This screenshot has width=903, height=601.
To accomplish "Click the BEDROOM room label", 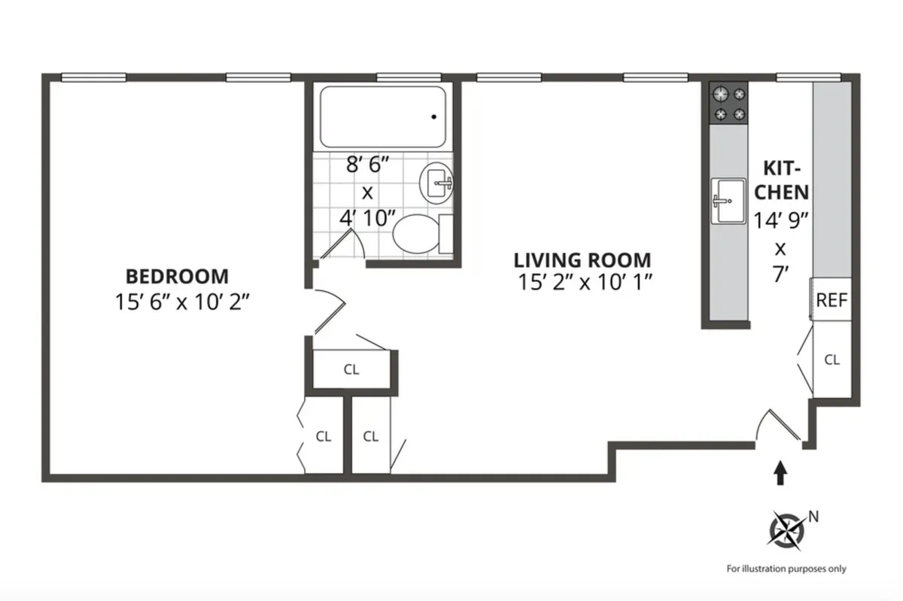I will click(178, 276).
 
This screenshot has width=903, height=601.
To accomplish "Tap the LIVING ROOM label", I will click(582, 260).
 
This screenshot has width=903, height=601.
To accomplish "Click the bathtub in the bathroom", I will click(382, 117).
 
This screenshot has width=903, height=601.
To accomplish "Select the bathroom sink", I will click(439, 181).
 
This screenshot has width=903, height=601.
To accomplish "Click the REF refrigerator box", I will click(832, 300).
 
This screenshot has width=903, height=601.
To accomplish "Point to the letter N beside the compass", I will click(813, 516).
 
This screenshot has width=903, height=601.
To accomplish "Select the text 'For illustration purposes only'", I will click(786, 569).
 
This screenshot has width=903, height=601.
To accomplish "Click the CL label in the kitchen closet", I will click(832, 360).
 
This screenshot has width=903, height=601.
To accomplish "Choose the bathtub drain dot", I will click(434, 117).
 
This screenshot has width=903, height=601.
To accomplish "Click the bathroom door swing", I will click(342, 245).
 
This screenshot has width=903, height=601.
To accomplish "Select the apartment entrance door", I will click(778, 427).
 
